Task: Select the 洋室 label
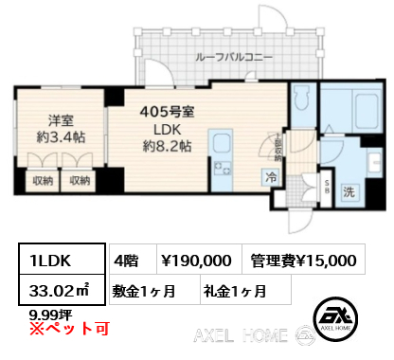[x=63, y=120]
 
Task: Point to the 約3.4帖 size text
[x=63, y=139]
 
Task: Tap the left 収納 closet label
[x=42, y=179]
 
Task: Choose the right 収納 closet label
[x=79, y=179]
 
